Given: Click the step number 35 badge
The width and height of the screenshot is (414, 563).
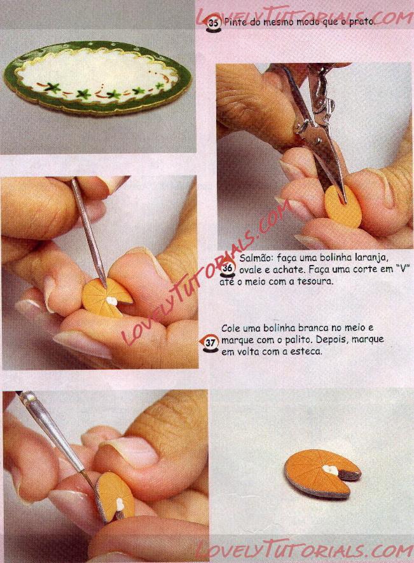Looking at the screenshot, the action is tap(213, 24).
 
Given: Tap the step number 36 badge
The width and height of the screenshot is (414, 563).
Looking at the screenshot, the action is tap(228, 268).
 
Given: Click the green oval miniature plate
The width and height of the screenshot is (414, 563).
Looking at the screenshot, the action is tap(97, 78).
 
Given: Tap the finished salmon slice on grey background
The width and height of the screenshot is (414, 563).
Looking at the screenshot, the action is tap(322, 473).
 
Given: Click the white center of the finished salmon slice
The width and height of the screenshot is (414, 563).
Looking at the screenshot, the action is tap(330, 470).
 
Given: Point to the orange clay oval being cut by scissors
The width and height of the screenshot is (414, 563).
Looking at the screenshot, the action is tap(343, 207).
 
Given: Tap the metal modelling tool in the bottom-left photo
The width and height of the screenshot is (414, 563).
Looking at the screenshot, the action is tap(61, 448).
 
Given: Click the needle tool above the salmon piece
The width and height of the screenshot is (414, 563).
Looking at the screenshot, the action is tap(88, 232).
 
